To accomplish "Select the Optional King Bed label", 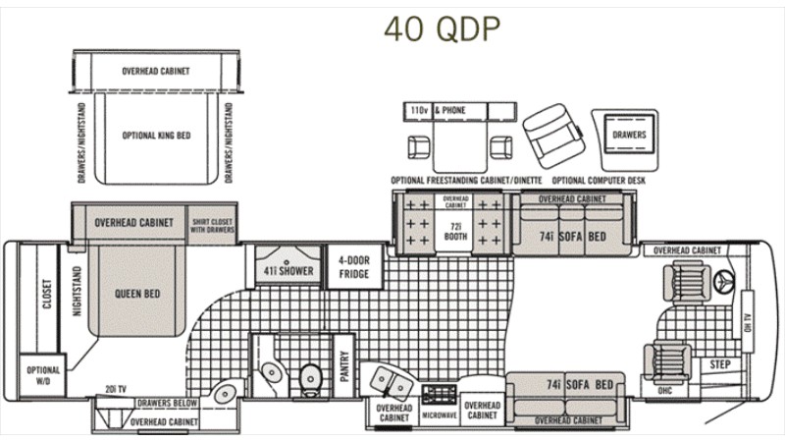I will [156, 136].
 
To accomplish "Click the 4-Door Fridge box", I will [353, 267].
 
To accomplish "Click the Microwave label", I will [441, 415].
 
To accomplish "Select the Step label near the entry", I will [720, 364].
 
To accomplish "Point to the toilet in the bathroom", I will [311, 373].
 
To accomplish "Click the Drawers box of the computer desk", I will [629, 134].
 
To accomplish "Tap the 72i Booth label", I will [455, 232].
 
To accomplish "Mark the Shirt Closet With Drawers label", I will [213, 226].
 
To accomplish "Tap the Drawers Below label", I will [167, 403].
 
